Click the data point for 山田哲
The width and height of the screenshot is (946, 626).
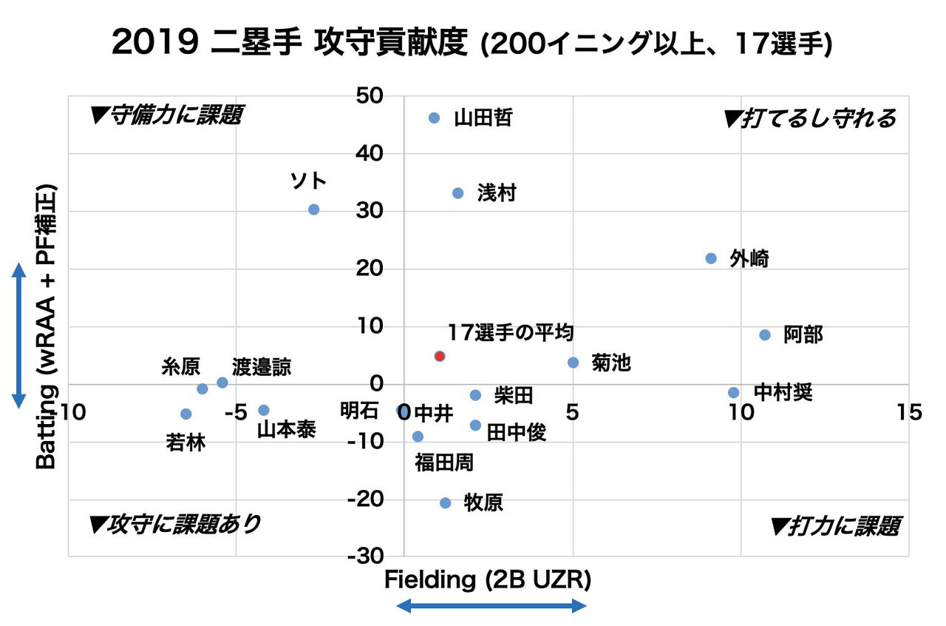434,118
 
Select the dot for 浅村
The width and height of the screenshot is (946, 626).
457,193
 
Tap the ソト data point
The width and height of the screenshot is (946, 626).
313,209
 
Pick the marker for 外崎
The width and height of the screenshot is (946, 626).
711,258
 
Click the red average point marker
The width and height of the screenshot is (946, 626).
440,356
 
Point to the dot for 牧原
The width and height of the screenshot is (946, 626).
445,503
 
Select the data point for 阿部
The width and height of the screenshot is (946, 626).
765,335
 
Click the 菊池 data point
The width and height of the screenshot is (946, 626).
574,363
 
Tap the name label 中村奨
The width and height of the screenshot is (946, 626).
783,392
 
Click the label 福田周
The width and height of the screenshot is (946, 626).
444,463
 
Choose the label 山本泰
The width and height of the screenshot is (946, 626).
286,429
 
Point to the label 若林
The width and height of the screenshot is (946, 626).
186,442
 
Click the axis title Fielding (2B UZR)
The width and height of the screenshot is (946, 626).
488,581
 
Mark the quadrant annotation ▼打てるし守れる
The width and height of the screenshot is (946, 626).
811,118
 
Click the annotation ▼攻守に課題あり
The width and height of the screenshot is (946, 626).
174,525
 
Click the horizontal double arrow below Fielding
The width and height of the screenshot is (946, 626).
491,607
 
